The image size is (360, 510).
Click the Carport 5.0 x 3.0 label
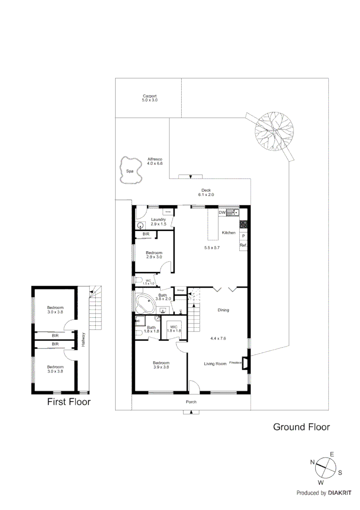tap(150, 98)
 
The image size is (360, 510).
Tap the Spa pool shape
tap(130, 171)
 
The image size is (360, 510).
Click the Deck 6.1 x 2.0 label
tap(206, 192)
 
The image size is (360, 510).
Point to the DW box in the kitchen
tap(222, 212)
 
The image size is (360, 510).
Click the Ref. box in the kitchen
tap(243, 246)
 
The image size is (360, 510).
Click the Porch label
tap(191, 402)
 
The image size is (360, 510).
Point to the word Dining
tap(223, 310)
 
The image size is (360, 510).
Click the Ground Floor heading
tap(301, 427)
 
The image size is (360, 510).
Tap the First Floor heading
tap(69, 402)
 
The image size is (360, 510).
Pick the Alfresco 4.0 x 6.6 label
tap(155, 161)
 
